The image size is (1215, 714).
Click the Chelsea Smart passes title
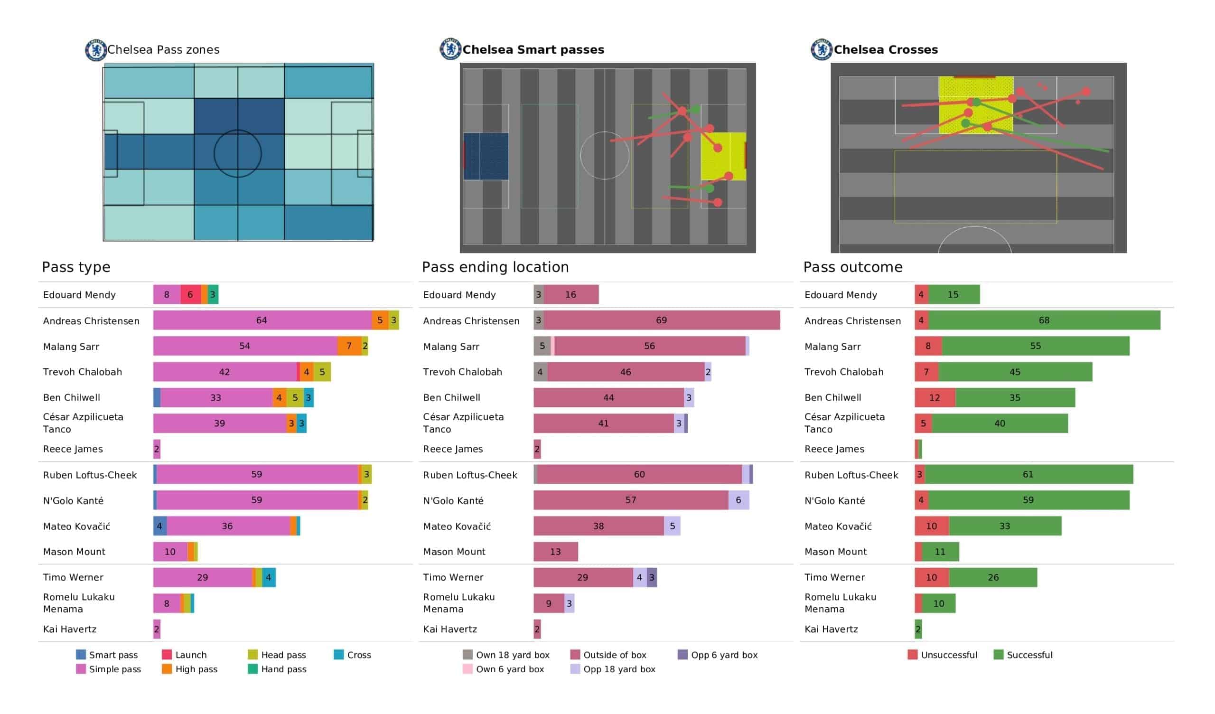coord(533,50)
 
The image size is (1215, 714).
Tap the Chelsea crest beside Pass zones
coord(95,50)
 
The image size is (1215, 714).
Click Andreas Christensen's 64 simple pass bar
coord(262,320)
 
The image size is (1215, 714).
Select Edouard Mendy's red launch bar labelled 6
coord(190,295)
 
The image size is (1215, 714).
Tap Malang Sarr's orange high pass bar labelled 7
coord(349,346)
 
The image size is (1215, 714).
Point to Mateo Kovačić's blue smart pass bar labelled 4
coord(159,526)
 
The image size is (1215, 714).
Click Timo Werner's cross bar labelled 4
coord(269,577)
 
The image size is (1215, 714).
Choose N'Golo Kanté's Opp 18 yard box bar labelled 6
coord(738,500)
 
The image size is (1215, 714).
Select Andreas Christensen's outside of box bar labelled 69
coord(661,320)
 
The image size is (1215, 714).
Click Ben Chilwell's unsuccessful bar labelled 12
coord(935,397)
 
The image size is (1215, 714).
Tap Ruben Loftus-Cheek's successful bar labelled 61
coord(1028,475)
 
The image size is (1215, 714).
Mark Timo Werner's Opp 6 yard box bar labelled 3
coord(651,577)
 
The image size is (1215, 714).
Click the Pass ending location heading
coord(495,267)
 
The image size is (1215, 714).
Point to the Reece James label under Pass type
coord(73,449)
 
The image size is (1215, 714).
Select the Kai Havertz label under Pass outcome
coord(831,629)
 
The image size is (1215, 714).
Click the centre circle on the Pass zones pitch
coord(238,154)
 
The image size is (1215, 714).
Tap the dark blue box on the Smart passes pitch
coord(486,156)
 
